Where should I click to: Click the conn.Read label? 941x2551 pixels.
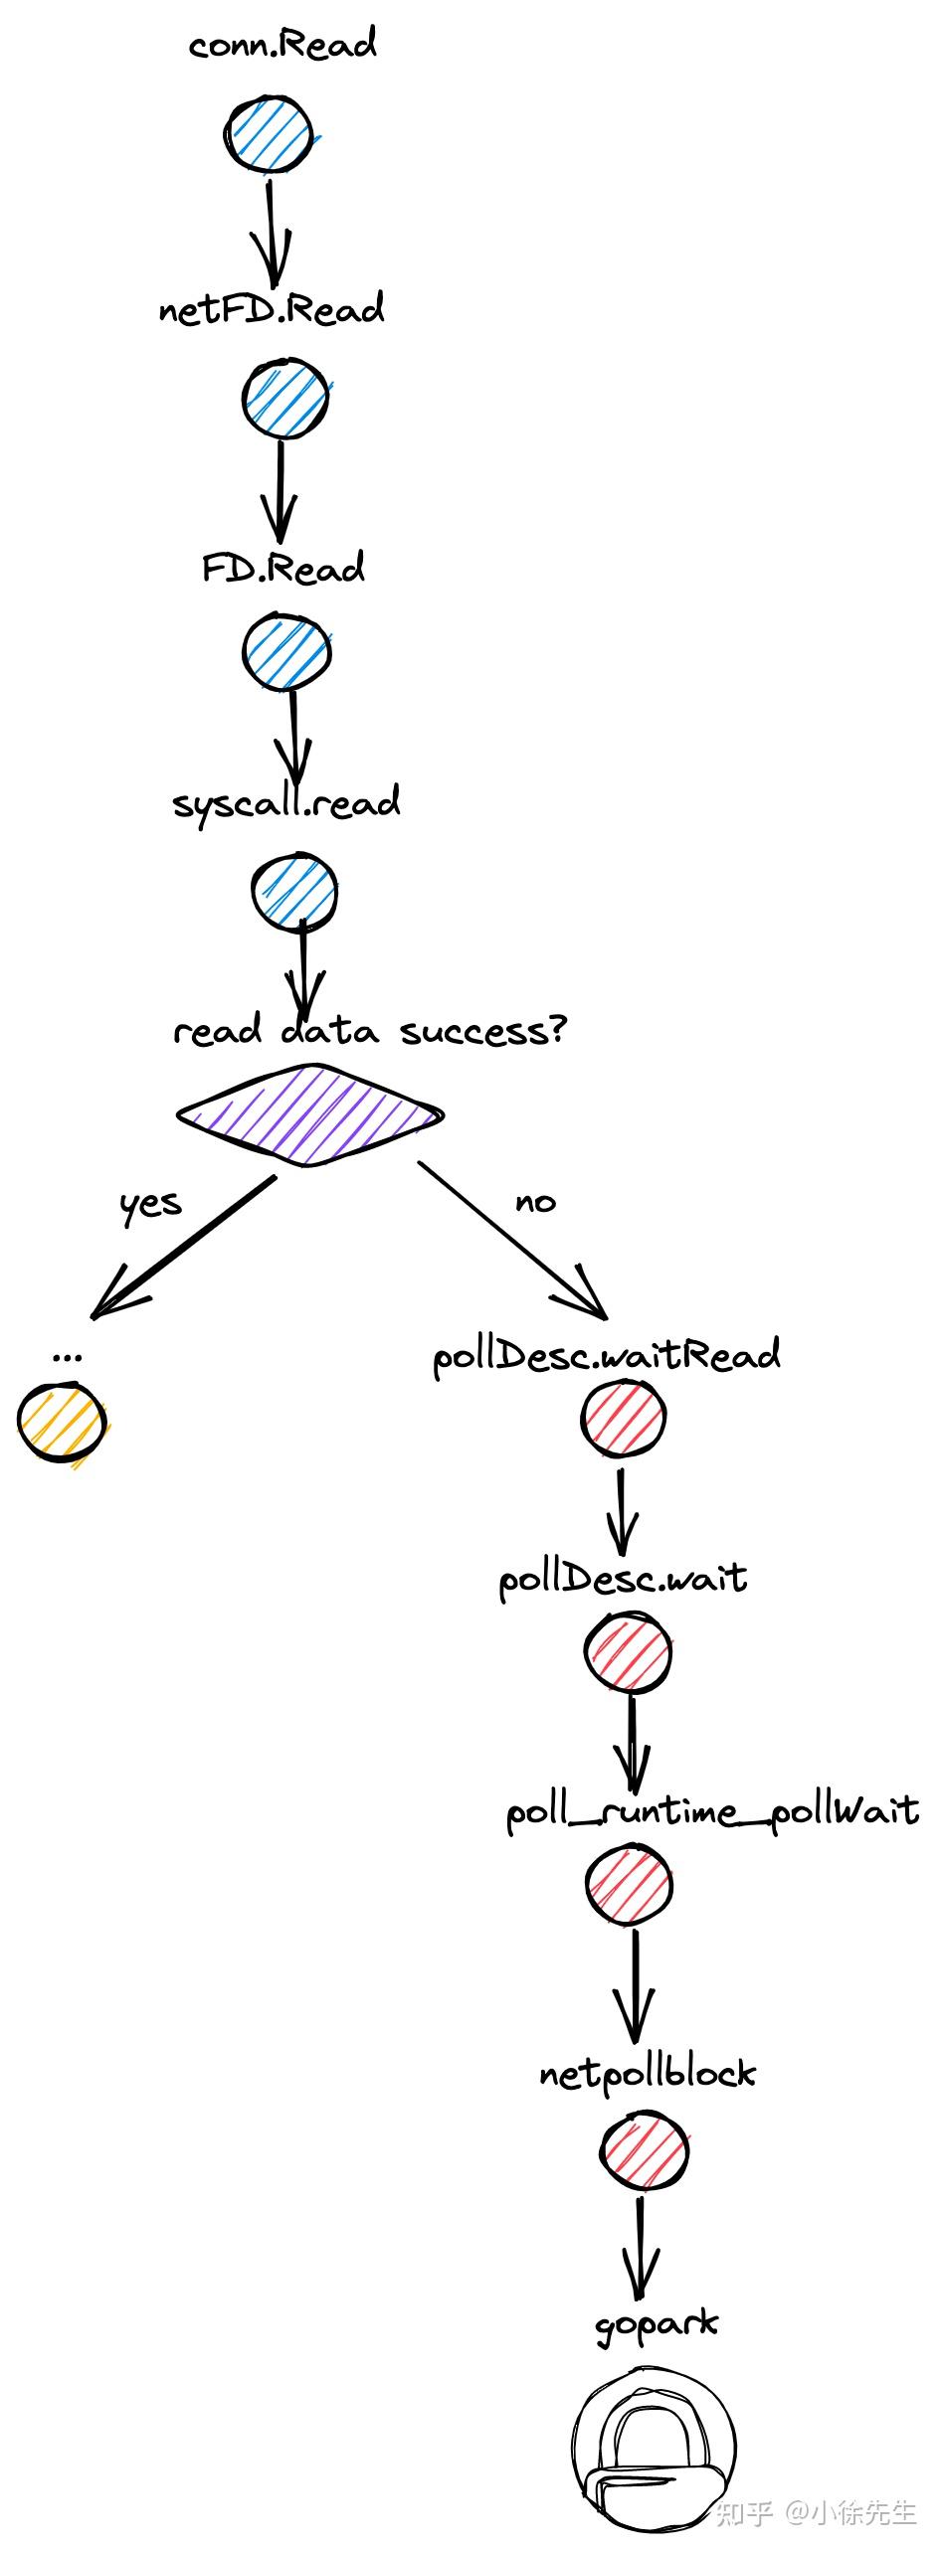point(282,45)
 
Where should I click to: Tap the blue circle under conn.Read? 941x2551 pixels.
point(268,135)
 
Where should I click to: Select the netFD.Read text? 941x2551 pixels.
point(272,310)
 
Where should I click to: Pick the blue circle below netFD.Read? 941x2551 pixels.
point(285,399)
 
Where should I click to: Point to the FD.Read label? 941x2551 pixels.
point(283,568)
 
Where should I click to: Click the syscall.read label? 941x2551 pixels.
point(286,803)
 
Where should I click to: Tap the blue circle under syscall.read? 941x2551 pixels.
point(294,892)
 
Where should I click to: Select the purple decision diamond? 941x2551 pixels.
point(309,1114)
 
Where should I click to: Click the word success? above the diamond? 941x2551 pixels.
point(482,1031)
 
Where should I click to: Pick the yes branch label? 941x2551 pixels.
point(150,1204)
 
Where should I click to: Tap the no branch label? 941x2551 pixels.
point(535,1203)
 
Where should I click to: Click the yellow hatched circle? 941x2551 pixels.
point(62,1422)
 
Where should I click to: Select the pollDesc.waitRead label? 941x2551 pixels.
point(607,1356)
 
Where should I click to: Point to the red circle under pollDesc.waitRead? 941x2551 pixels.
point(623,1419)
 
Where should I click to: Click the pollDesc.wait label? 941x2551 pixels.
point(623,1579)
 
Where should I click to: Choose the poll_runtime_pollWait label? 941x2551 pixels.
point(712,1811)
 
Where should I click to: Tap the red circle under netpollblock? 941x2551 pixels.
point(644,2151)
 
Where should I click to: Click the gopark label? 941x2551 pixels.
point(656,2324)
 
